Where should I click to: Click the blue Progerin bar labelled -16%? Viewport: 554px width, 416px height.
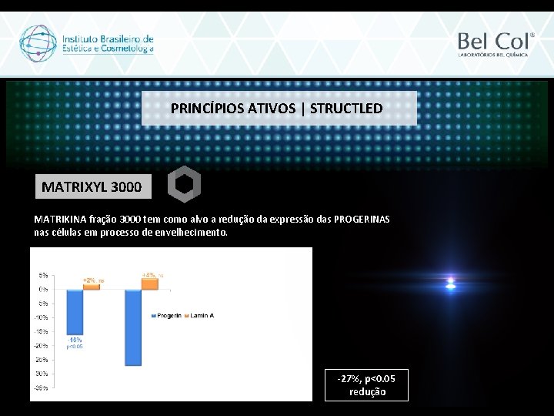[75, 312]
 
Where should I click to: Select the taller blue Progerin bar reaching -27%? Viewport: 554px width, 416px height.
[133, 327]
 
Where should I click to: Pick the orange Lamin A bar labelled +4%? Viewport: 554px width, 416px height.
[149, 283]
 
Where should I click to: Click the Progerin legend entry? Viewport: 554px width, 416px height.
[167, 316]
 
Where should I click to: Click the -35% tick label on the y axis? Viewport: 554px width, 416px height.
[40, 388]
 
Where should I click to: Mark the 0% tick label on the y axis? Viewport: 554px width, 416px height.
[43, 289]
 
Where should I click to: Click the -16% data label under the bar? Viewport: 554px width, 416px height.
[75, 340]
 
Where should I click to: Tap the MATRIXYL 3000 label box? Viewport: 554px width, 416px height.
[92, 186]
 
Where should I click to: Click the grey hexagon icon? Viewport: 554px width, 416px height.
[184, 184]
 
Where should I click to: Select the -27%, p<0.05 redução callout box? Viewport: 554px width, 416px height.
[367, 385]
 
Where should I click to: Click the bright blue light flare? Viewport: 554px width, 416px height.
[451, 283]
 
